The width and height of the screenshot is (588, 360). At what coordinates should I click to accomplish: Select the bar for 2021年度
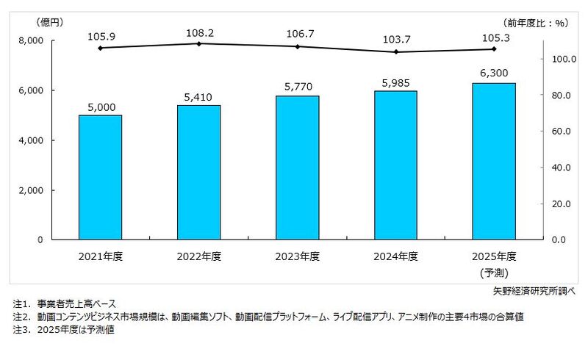coord(100,177)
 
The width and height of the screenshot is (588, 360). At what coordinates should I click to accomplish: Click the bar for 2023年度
coord(297,168)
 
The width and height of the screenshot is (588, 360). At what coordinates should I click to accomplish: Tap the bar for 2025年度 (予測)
coord(494,161)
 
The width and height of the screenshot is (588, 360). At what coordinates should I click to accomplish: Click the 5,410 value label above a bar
coord(198,96)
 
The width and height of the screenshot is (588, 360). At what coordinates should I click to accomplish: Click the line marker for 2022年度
coord(198,43)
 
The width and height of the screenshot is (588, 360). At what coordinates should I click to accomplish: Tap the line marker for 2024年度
coord(395,52)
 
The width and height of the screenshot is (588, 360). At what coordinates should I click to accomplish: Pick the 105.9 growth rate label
coord(100,34)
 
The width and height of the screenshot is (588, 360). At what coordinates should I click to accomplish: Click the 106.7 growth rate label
coord(297,34)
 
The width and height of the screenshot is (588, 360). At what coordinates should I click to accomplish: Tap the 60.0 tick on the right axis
coord(562,132)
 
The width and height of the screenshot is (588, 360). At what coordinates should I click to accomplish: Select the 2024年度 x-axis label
coord(395,256)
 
